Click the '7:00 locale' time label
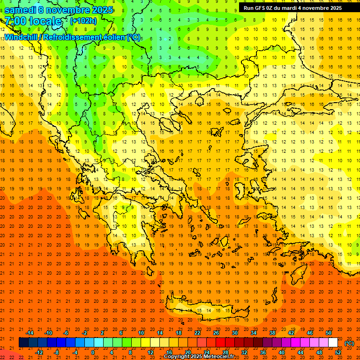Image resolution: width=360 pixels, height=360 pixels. coord(33,21)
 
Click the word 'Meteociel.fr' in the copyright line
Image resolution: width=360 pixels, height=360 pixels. coord(220,357)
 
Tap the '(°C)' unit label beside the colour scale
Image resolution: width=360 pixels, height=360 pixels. coord(349,343)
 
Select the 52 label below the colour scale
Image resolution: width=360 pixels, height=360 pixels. coord(338,352)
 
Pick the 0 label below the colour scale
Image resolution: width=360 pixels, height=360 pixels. coord(93,352)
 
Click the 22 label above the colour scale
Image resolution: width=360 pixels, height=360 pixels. coord(197,333)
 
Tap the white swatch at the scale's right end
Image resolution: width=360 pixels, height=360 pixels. coord(333,343)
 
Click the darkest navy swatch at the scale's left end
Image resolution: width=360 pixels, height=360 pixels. coord(23,343)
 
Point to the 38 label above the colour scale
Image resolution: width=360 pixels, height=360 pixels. coord(272,333)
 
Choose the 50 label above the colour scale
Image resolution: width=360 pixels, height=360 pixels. coord(329,333)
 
